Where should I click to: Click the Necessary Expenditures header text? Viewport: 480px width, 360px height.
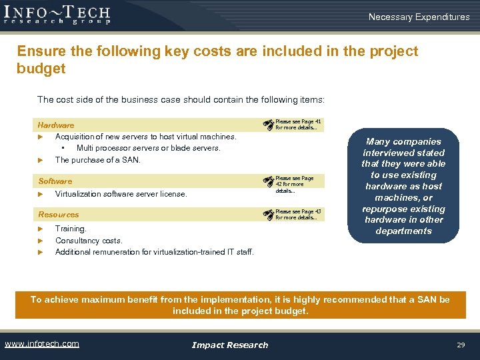click(419, 17)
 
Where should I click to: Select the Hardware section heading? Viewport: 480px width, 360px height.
click(56, 125)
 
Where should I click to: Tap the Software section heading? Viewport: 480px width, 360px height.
click(55, 181)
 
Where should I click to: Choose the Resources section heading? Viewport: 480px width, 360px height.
click(59, 215)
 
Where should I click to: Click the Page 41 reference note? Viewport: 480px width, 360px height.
click(297, 125)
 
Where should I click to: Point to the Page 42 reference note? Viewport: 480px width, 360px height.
click(294, 184)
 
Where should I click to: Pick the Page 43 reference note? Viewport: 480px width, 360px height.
click(297, 215)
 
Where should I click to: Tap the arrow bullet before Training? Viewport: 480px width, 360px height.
click(41, 229)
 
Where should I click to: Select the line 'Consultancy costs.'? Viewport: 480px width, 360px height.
click(89, 241)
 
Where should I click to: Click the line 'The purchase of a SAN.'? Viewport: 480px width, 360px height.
click(97, 160)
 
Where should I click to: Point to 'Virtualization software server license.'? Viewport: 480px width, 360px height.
click(121, 194)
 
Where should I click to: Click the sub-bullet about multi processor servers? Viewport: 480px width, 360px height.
click(148, 148)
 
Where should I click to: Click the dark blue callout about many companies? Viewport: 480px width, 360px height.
click(403, 186)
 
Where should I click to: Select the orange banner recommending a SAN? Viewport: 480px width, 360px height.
click(240, 305)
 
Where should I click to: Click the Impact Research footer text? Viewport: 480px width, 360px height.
click(229, 345)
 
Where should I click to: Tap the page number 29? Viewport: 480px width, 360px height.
click(460, 345)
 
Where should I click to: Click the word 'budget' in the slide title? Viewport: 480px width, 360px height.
click(41, 69)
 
